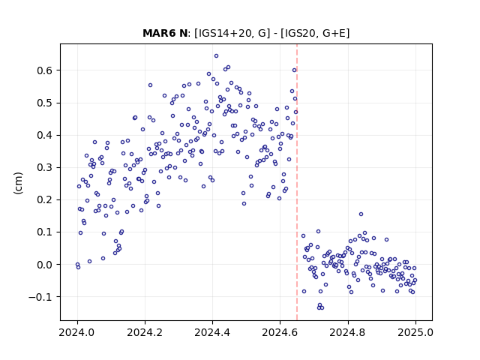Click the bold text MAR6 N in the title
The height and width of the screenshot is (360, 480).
(165, 33)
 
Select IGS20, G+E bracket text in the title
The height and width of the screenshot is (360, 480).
(315, 33)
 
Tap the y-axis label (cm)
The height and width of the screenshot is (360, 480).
(18, 183)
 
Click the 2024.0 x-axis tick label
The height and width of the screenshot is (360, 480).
(77, 332)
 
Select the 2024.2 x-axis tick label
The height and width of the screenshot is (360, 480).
(145, 332)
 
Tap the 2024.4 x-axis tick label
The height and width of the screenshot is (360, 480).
(212, 332)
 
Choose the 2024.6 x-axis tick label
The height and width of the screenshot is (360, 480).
(280, 332)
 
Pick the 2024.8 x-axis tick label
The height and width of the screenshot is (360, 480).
(348, 332)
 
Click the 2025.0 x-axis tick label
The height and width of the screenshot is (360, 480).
(415, 332)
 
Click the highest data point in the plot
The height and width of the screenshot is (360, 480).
(217, 56)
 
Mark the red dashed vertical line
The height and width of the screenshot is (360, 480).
(297, 182)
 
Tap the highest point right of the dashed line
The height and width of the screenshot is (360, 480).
(361, 214)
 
